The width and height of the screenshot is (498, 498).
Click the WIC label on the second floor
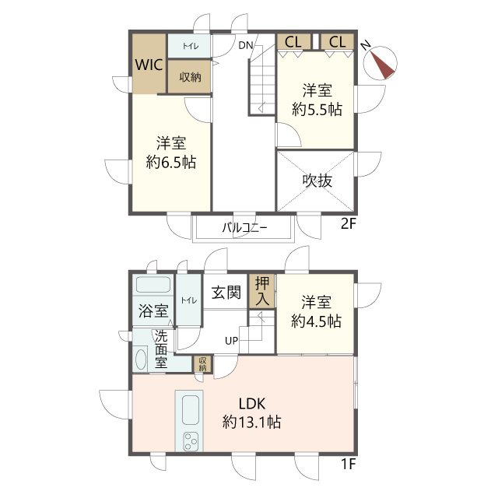point(149,65)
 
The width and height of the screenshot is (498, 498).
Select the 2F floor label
point(348,224)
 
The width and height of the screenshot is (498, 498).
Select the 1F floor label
point(348,465)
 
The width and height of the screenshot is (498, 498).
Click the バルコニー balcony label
point(244,228)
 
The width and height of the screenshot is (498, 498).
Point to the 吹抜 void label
point(317,181)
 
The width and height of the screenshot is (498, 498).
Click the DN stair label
point(246,45)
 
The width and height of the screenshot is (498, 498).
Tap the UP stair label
point(232,341)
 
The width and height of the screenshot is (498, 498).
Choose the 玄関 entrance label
point(226,293)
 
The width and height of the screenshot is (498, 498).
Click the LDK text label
point(252,404)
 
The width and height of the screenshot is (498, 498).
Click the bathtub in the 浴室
point(153,285)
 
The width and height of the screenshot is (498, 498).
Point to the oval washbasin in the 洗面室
point(141,359)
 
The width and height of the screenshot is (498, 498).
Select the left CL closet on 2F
point(293,42)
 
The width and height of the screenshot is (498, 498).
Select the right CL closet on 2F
point(337,42)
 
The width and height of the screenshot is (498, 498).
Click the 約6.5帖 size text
point(171,163)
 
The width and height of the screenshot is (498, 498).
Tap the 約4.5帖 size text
point(317,321)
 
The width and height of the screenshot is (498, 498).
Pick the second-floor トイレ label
point(190,46)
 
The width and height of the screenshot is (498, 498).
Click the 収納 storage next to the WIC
point(190,77)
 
